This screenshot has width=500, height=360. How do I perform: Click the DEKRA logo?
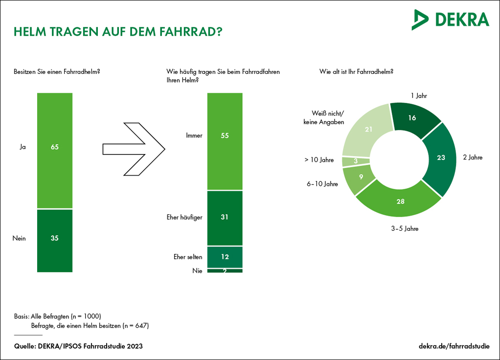[450, 20]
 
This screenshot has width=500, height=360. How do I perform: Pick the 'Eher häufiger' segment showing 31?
[225, 218]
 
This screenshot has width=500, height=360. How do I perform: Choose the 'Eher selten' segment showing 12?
[225, 257]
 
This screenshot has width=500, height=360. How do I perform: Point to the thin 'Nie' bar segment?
[225, 270]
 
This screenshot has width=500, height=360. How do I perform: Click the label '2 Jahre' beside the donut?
[473, 157]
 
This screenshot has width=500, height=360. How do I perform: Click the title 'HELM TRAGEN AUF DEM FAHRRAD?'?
[118, 32]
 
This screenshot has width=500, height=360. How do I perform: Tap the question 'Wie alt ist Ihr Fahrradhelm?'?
[357, 71]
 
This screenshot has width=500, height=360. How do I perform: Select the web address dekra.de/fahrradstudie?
[454, 346]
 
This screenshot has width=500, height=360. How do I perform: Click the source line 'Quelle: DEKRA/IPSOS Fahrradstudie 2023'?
[78, 346]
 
